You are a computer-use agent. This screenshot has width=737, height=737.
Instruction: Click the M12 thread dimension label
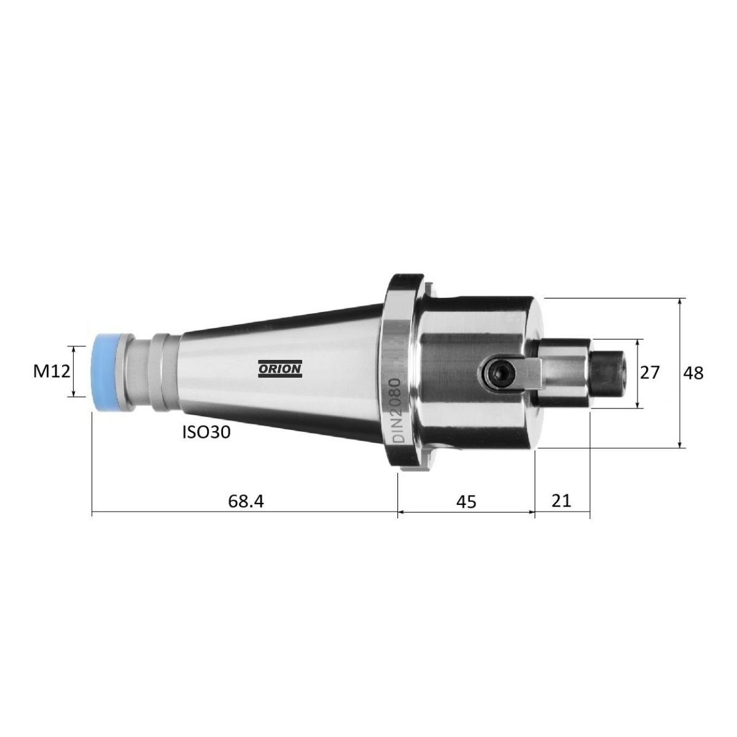click(x=52, y=371)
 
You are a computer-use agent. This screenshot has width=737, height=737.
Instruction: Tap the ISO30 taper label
click(x=206, y=432)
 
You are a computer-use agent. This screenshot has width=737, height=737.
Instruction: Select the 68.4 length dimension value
click(x=246, y=501)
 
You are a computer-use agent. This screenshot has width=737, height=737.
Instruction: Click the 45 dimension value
click(x=467, y=501)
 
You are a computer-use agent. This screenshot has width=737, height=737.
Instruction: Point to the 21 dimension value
click(x=561, y=501)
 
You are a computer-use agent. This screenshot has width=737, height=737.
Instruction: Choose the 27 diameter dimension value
click(x=650, y=372)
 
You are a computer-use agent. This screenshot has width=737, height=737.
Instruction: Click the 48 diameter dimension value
click(x=693, y=372)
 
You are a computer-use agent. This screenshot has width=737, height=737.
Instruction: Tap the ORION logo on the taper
click(x=280, y=369)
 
